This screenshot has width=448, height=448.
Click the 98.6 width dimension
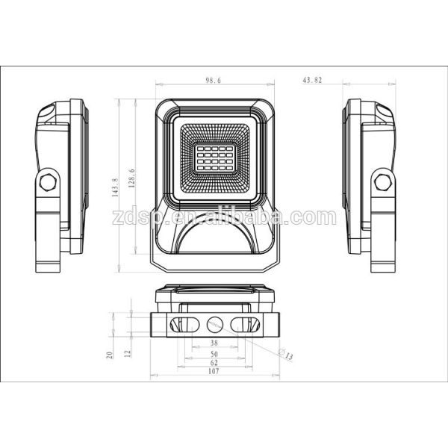click(213, 80)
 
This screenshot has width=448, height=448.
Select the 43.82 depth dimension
click(311, 80)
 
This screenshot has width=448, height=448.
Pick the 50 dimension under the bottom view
click(214, 353)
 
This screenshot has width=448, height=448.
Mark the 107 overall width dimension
click(214, 371)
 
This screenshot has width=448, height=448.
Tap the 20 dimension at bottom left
click(108, 355)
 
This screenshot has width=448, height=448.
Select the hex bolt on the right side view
click(383, 181)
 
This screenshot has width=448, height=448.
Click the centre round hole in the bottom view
click(214, 324)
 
